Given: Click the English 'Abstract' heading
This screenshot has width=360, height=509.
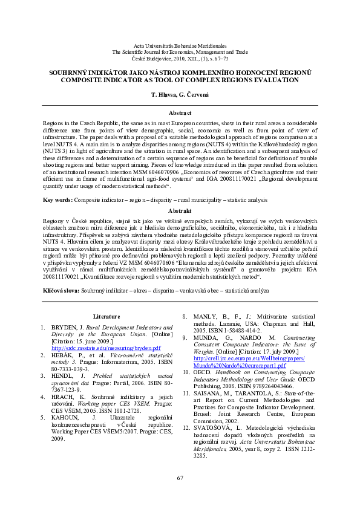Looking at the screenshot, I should tap(180, 113).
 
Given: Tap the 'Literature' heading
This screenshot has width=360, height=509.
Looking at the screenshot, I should tap(106, 316).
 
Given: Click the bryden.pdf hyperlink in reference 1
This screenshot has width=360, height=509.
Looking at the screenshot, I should tap(106, 348).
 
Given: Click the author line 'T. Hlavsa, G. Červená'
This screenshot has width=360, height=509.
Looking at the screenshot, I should tap(180, 96).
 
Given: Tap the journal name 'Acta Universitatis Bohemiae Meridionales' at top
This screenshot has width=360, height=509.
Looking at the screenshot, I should tap(180, 45).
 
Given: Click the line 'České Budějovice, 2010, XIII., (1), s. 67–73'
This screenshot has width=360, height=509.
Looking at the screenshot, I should tap(180, 59).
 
